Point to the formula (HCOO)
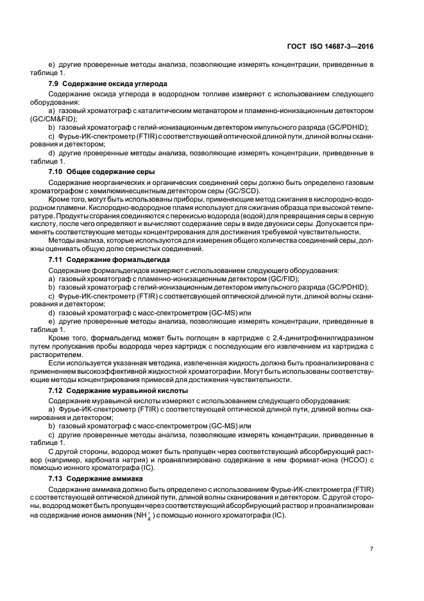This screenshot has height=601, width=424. [x=351, y=460]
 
